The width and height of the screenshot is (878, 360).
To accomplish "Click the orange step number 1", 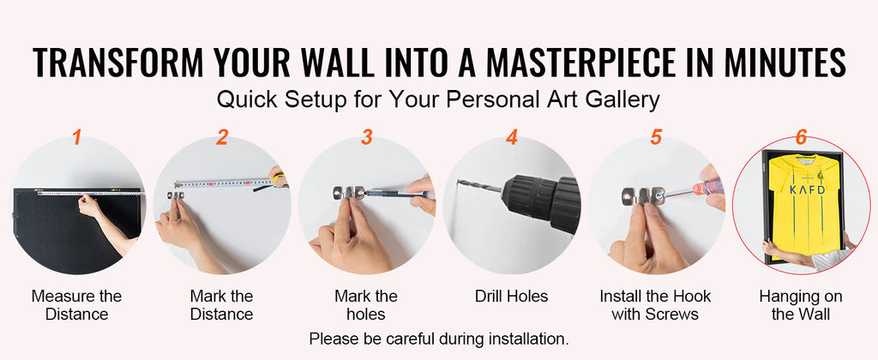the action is coord(76,137).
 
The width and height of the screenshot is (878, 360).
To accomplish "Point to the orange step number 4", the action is coord(512,137).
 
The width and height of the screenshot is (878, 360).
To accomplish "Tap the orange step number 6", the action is coord(802,137).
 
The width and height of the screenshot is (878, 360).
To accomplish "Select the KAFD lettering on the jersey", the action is coord(807,189).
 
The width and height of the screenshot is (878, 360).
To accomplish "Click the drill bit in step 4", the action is coord(479,187).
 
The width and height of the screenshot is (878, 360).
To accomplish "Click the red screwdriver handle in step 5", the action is coord(707,186).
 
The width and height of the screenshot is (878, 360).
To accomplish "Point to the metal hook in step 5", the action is coord(643,196).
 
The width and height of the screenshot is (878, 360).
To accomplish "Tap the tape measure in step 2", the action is coord(224,183).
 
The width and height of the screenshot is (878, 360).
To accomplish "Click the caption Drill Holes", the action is coord(511,297).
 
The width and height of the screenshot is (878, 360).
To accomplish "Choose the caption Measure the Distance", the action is coord(76,305).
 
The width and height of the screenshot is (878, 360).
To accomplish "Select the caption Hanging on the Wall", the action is coord(801,305).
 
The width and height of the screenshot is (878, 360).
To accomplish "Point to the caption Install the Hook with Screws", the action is coord(655,305).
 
